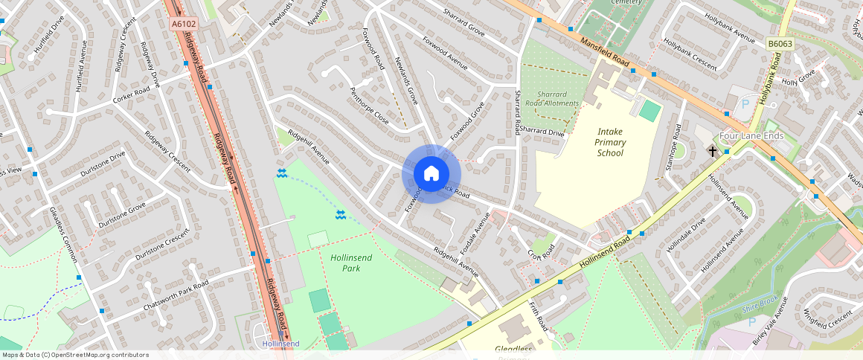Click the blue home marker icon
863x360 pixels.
[431, 174]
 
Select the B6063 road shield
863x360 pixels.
[780, 44]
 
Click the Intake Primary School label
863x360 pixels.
[610, 142]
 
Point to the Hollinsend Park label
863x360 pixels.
[350, 263]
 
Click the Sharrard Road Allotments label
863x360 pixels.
[552, 99]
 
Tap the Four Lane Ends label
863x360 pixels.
[752, 136]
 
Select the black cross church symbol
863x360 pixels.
[712, 151]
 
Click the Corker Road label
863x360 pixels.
[131, 95]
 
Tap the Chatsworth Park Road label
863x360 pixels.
[177, 292]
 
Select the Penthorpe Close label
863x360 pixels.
[369, 106]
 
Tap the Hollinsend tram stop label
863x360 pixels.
[280, 344]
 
